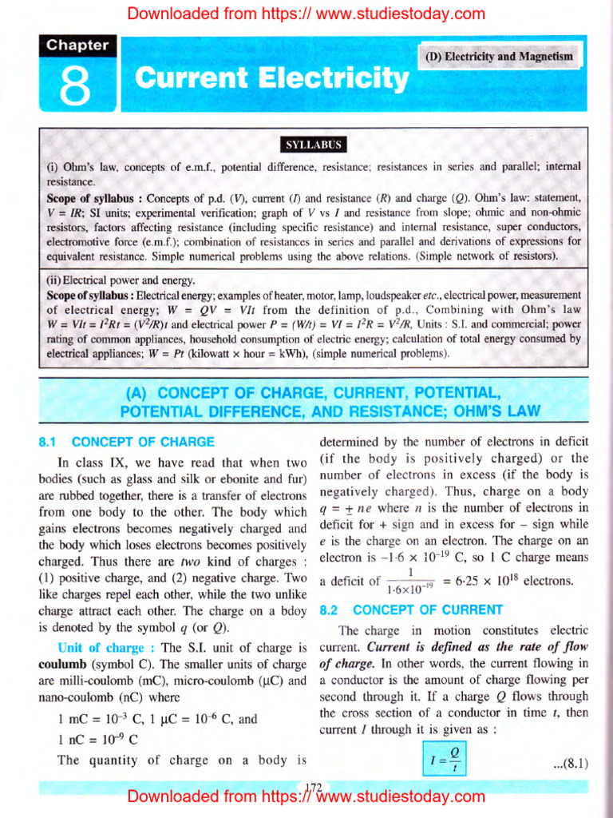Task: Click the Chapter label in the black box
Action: click(77, 46)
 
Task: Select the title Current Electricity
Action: click(271, 79)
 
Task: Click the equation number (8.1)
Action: click(569, 763)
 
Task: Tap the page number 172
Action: click(314, 787)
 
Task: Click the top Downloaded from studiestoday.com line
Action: click(306, 13)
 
